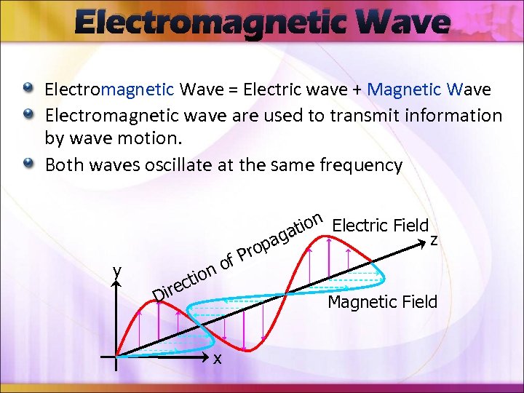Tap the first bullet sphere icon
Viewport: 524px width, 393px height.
(28, 89)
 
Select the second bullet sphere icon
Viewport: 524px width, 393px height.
(28, 115)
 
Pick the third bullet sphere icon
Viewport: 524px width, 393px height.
(28, 164)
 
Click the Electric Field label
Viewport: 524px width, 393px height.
(380, 225)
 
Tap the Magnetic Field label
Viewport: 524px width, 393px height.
(383, 301)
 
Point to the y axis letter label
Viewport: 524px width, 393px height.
(116, 271)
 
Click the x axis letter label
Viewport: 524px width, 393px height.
(217, 357)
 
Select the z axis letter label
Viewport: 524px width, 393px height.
(434, 239)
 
